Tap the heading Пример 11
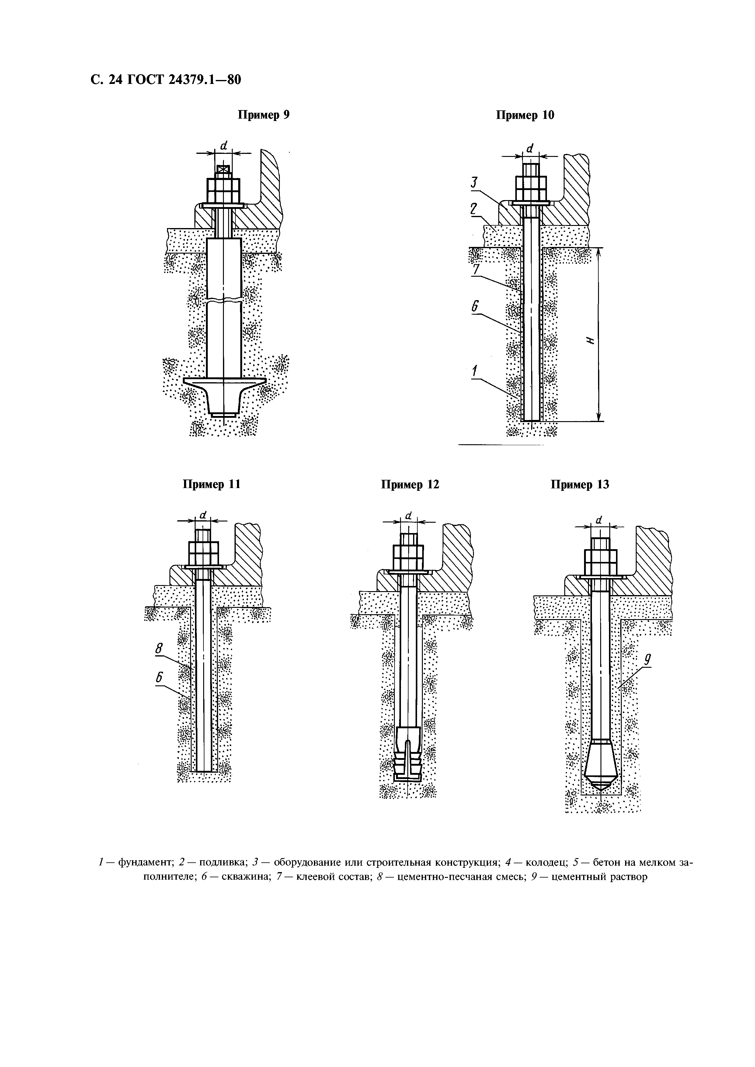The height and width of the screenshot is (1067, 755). pos(211,484)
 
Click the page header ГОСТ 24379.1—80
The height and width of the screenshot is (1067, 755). pos(165,80)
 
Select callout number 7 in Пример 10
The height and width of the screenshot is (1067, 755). pos(475,269)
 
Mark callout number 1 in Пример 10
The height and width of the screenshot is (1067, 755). pos(475,371)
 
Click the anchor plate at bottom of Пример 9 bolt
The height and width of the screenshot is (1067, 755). pos(224,382)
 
